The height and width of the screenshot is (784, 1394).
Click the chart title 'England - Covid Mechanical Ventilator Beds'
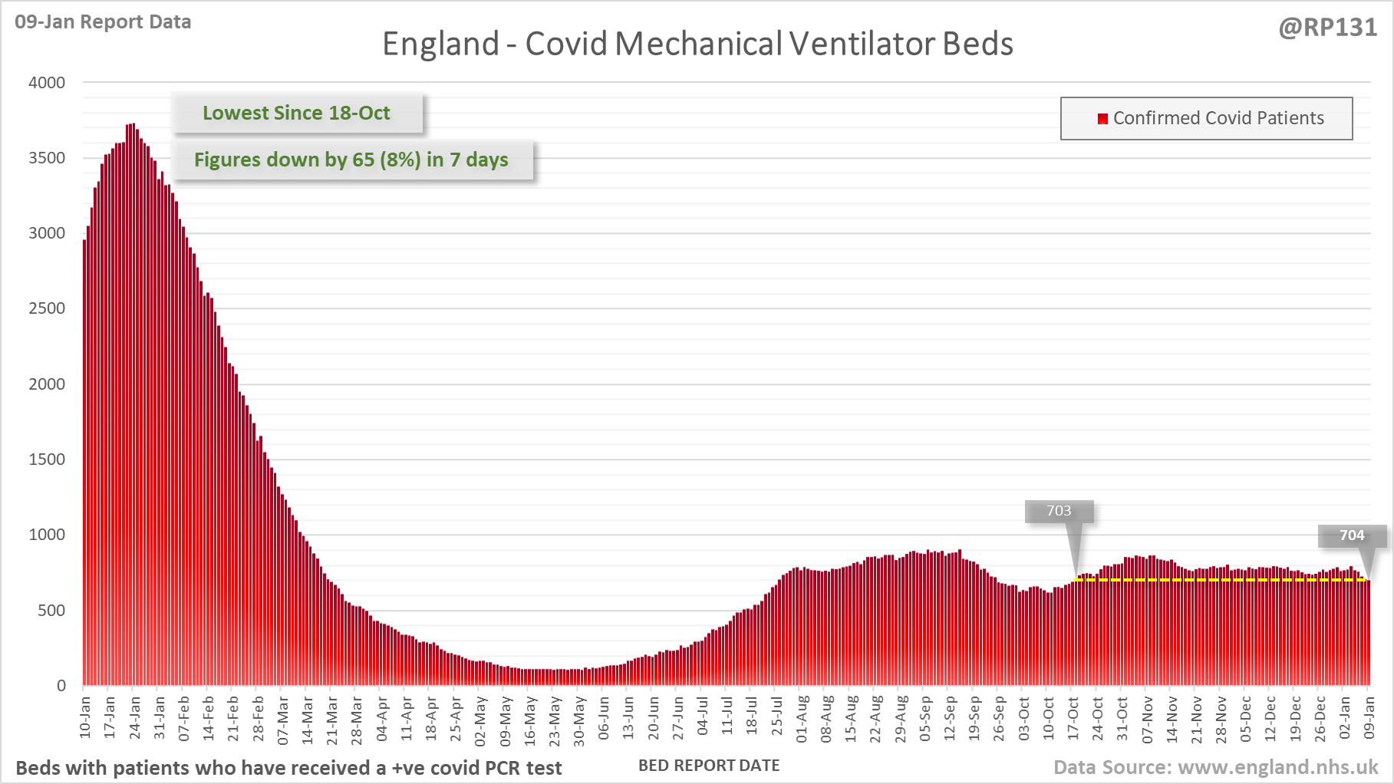pyautogui.click(x=697, y=44)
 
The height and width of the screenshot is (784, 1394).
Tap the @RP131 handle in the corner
pyautogui.click(x=1327, y=28)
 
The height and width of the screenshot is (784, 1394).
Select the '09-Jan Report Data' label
pyautogui.click(x=103, y=21)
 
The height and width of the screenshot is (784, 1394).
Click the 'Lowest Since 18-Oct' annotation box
pyautogui.click(x=296, y=113)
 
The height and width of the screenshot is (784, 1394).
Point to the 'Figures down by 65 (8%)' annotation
pyautogui.click(x=351, y=160)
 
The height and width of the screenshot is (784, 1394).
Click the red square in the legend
pyautogui.click(x=1102, y=118)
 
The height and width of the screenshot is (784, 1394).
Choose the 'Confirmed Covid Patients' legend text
pyautogui.click(x=1218, y=118)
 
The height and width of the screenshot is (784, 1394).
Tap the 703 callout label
pyautogui.click(x=1059, y=511)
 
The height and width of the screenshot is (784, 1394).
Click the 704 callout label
pyautogui.click(x=1352, y=535)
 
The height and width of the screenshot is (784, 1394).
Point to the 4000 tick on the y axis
pyautogui.click(x=47, y=82)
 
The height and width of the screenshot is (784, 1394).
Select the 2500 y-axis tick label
pyautogui.click(x=47, y=308)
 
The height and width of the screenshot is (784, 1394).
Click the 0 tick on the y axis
pyautogui.click(x=61, y=686)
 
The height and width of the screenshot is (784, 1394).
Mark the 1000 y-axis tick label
pyautogui.click(x=47, y=535)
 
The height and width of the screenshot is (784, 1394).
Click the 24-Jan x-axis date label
pyautogui.click(x=135, y=718)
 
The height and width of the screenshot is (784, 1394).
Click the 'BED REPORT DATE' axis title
pyautogui.click(x=709, y=766)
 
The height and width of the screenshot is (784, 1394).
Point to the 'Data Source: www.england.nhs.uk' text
pyautogui.click(x=1215, y=767)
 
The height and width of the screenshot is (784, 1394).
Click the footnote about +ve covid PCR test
pyautogui.click(x=288, y=768)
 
